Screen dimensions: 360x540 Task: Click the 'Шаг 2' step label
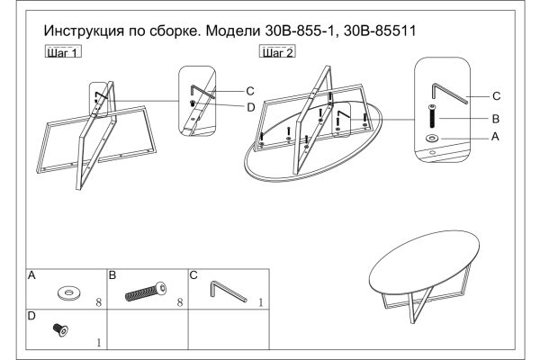click(277, 52)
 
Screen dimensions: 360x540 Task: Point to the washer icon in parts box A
click(67, 292)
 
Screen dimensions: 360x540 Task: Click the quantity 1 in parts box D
click(99, 342)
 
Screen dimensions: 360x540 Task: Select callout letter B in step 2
click(494, 117)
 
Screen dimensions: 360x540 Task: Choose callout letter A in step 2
click(494, 137)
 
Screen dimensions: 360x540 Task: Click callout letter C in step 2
click(494, 95)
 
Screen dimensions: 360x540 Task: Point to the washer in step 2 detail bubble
click(433, 138)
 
